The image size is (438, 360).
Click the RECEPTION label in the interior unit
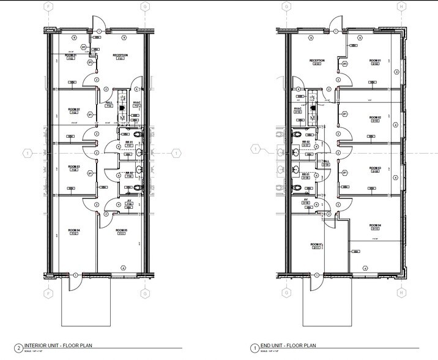pos(120,55)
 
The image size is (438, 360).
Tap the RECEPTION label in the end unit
pos(316,61)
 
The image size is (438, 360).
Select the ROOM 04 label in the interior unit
pos(73,230)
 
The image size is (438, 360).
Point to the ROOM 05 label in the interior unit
pos(121,230)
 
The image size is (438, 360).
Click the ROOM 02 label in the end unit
pos(376,117)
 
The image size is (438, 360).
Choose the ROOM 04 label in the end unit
pos(376,225)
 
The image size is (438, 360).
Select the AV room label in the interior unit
pos(129,201)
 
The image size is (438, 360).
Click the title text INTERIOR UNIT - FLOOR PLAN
pos(43,347)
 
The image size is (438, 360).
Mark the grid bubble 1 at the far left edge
pos(26,152)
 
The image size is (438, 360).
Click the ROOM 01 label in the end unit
pos(376,61)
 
